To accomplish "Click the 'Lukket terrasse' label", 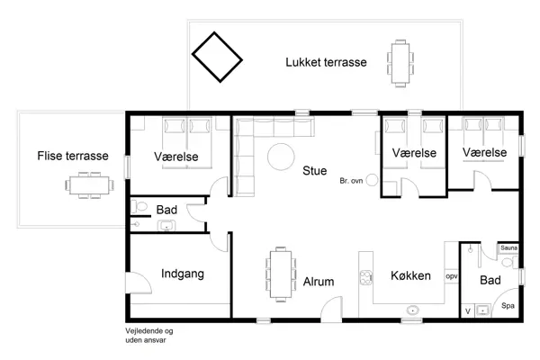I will point(325,62).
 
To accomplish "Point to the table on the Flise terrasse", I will point(89,186).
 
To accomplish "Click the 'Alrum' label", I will point(319,282).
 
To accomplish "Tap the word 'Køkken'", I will point(409,276).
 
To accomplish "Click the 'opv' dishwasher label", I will point(452,276).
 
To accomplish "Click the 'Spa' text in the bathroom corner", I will point(508,306).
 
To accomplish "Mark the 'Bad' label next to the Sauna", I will point(490,281).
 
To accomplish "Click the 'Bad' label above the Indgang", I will point(166,210).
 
